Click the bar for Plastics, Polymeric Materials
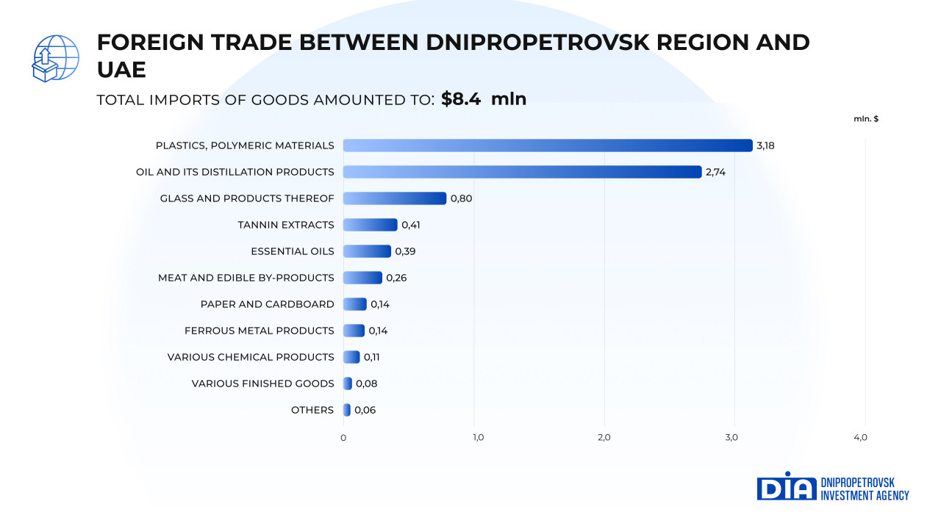click(548, 145)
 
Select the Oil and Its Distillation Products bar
click(522, 172)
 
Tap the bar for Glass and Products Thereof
click(395, 198)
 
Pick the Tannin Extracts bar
click(370, 225)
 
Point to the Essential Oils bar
click(367, 251)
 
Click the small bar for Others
click(347, 410)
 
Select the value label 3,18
click(765, 145)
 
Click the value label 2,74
click(715, 172)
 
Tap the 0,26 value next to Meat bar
click(396, 278)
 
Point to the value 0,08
click(366, 384)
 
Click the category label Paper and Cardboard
click(267, 304)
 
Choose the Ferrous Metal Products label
click(259, 331)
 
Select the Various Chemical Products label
click(251, 357)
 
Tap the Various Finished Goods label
click(262, 384)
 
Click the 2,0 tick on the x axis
click(604, 438)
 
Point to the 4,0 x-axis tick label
click(861, 438)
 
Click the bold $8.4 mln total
click(484, 99)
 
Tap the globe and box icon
click(55, 58)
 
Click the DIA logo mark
click(786, 487)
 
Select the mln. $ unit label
click(866, 119)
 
